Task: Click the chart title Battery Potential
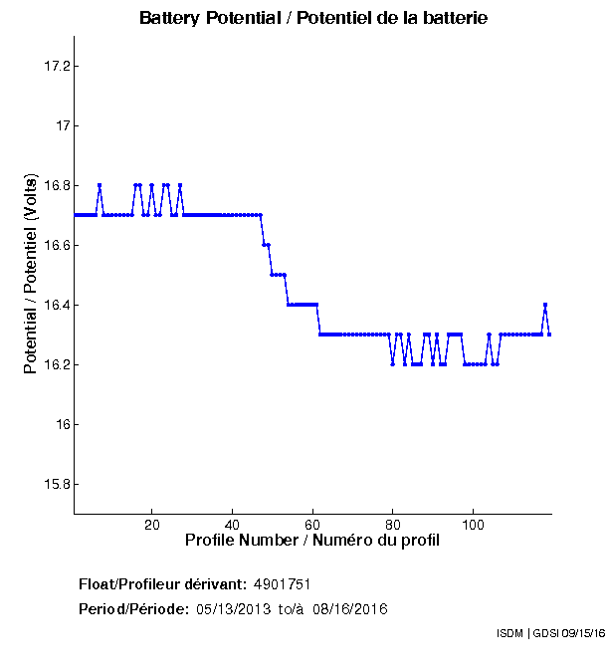(313, 18)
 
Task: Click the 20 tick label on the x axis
(151, 525)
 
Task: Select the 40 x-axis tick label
(232, 525)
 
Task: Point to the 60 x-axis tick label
(312, 525)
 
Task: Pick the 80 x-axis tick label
(393, 525)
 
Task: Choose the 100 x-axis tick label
(474, 525)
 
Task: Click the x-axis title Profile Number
(312, 541)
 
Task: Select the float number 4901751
(290, 583)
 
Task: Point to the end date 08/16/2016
(349, 608)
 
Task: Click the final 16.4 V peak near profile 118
(545, 305)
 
